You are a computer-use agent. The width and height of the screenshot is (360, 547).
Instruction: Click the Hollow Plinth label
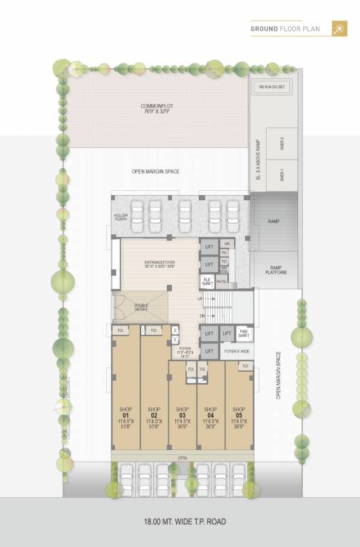[x=120, y=217]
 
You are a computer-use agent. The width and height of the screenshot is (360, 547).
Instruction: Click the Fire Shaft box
[x=243, y=333]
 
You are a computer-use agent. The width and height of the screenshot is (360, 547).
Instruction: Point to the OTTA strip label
[x=182, y=457]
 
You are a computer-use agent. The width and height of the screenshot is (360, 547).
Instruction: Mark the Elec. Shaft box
[x=207, y=281]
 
